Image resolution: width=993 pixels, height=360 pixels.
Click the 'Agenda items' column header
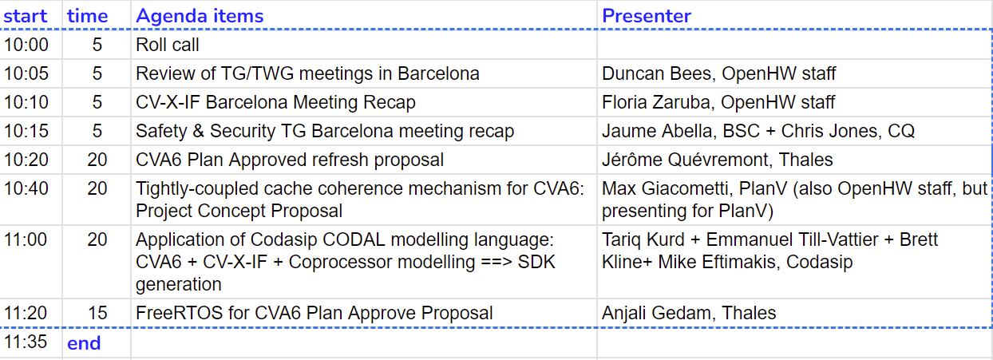point(200,16)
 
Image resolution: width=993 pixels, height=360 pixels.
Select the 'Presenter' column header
point(647,16)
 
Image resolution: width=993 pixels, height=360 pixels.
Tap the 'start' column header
point(26,17)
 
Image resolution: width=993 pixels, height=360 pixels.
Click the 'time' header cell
point(87,17)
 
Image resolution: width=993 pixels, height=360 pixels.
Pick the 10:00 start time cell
point(26,45)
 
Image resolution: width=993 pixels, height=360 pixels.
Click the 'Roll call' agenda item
point(167,45)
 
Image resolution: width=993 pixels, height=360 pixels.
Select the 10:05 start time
point(26,73)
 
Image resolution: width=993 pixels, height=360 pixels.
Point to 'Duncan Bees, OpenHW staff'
point(718,73)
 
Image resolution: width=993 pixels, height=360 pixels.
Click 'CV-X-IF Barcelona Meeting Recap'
point(275,102)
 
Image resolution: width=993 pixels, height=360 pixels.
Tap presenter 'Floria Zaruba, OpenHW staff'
point(718,102)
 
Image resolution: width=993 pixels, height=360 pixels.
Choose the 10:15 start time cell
point(26,131)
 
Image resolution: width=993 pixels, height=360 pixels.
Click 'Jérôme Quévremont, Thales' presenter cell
point(718,160)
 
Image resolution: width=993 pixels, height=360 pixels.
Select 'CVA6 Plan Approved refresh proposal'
point(290,160)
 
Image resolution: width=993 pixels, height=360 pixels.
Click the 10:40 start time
point(26,189)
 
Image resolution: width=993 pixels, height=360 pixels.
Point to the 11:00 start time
point(26,239)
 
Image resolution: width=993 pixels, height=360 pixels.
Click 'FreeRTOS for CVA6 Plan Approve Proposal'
point(315,313)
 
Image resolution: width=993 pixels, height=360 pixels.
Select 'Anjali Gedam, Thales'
point(689,313)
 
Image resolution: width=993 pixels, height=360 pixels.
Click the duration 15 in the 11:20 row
point(97,314)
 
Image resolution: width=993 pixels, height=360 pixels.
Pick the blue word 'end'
point(84,343)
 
